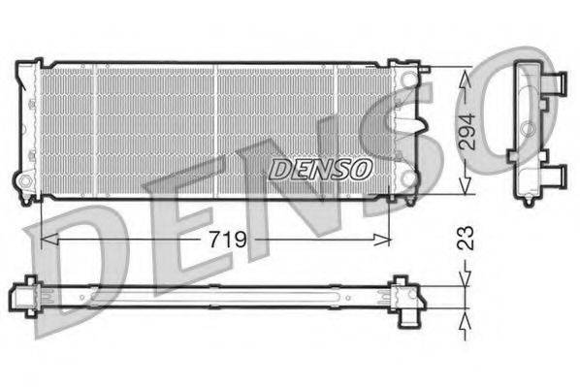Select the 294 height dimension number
point(467,131)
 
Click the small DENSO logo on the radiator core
point(320,168)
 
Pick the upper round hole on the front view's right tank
point(413,75)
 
